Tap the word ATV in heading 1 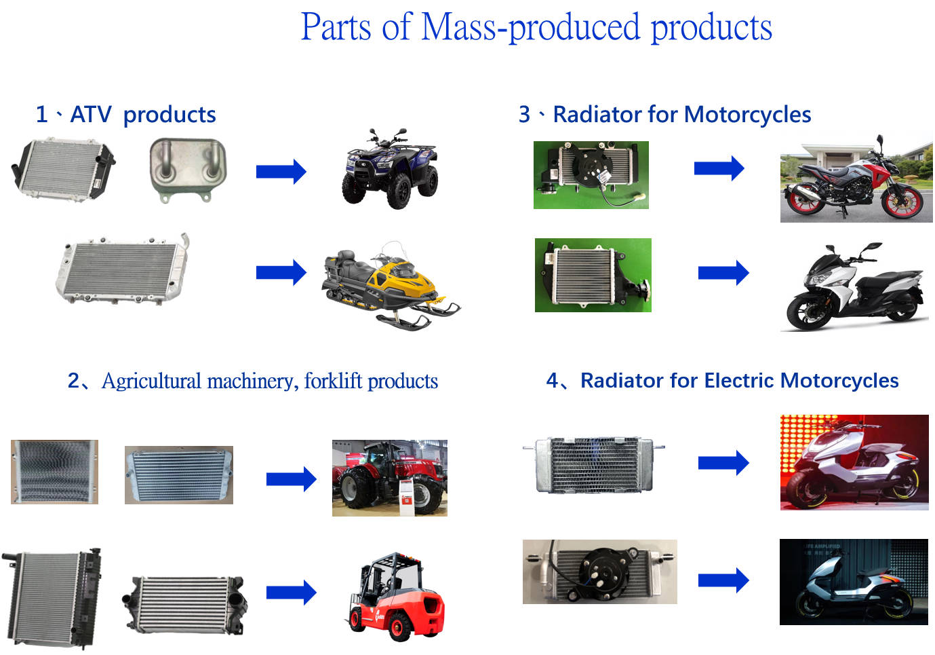click(90, 115)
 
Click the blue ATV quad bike click(389, 169)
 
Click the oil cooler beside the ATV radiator click(187, 169)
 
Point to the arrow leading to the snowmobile click(281, 273)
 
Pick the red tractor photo click(389, 478)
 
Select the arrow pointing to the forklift click(291, 593)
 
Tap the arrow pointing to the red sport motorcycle click(719, 168)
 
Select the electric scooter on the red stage click(854, 462)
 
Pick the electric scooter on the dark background click(853, 582)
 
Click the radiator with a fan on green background click(591, 174)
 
